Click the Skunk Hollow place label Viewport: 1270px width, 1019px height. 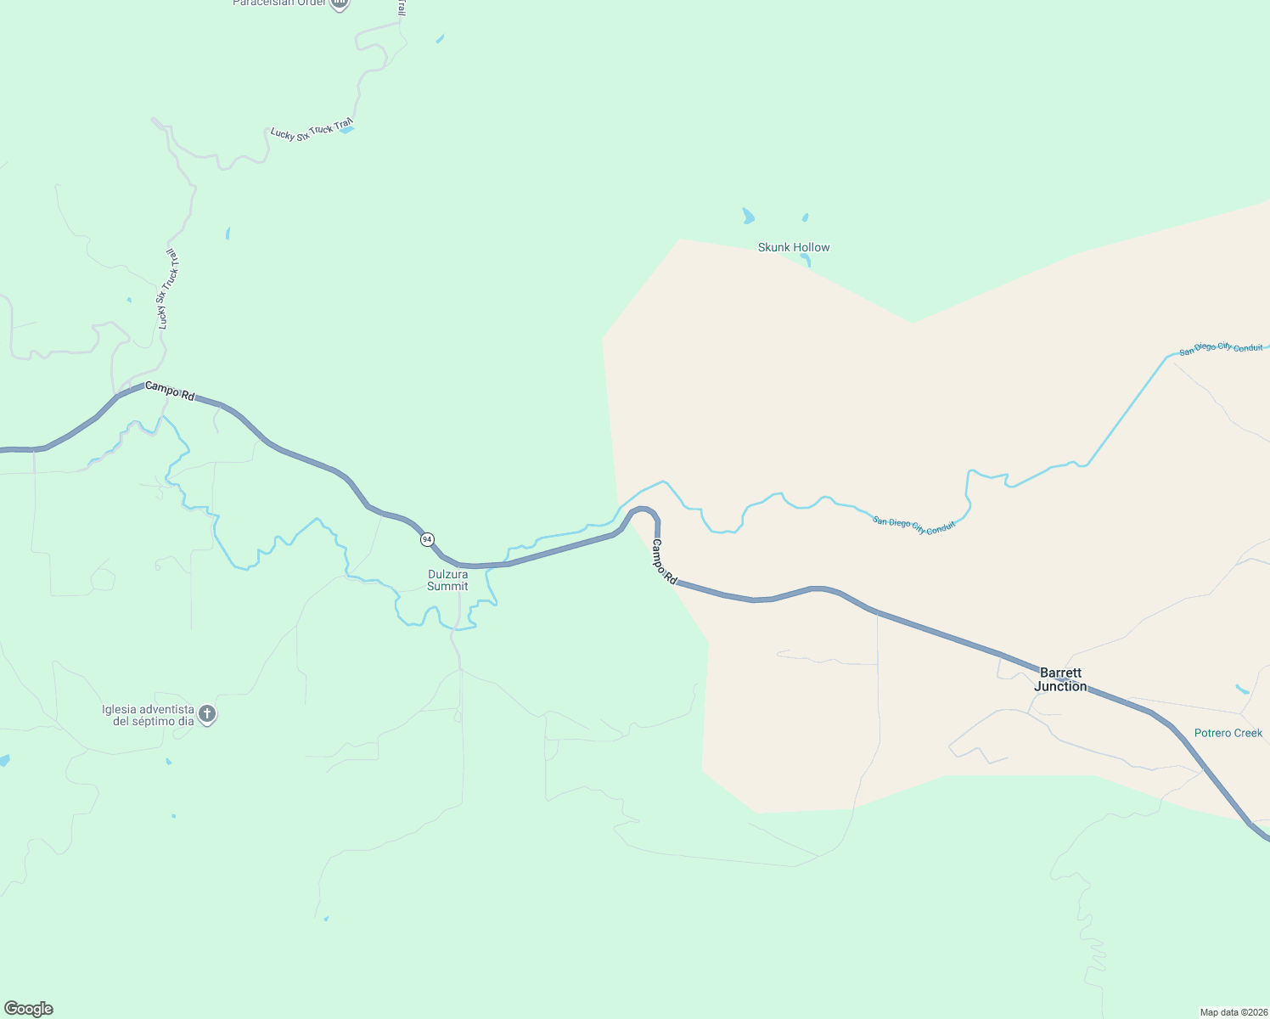point(794,247)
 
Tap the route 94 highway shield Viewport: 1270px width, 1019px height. point(427,539)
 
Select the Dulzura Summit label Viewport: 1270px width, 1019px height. point(447,580)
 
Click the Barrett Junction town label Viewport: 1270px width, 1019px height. point(1060,679)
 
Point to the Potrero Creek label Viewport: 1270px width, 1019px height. point(1228,733)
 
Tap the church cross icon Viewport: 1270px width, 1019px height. point(207,714)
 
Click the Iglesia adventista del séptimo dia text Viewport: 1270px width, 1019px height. point(148,715)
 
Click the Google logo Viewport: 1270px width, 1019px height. point(29,1009)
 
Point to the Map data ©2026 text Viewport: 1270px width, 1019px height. point(1233,1012)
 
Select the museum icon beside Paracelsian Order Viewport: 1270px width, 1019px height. point(339,3)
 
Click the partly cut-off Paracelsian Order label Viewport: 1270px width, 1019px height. point(279,3)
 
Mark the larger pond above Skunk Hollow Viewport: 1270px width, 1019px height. point(748,217)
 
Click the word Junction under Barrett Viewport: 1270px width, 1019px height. point(1060,686)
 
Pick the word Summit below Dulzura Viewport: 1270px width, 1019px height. point(447,586)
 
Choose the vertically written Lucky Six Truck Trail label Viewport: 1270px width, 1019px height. point(167,289)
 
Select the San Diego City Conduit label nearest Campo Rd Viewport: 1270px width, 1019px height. point(914,525)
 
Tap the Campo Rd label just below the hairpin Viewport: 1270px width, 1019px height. point(664,561)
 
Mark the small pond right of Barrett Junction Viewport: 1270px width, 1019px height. point(1242,689)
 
